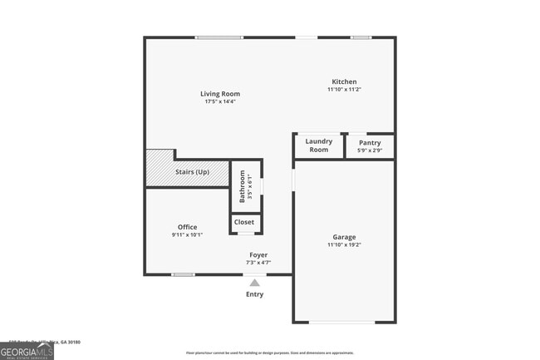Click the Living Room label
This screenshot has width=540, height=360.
point(220,94)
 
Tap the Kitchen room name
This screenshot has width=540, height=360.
point(344,81)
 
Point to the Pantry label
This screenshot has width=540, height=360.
point(369,142)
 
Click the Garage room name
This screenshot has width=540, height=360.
point(344,237)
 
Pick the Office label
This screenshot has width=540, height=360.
point(187,227)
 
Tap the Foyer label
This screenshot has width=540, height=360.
point(258,254)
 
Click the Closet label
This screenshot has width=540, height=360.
point(244,222)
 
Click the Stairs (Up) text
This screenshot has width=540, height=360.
point(192,172)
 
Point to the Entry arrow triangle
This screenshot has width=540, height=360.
point(255,283)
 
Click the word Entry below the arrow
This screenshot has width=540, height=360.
point(255,294)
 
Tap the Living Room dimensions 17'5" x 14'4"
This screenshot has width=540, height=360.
point(220,102)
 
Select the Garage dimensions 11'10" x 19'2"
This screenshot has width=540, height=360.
point(344,245)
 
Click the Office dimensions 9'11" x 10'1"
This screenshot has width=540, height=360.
point(187,234)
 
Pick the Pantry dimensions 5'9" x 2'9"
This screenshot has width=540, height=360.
point(369,150)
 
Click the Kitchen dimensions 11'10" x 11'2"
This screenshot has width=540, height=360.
point(344,90)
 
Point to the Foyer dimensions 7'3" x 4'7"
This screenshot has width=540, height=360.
point(258,263)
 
